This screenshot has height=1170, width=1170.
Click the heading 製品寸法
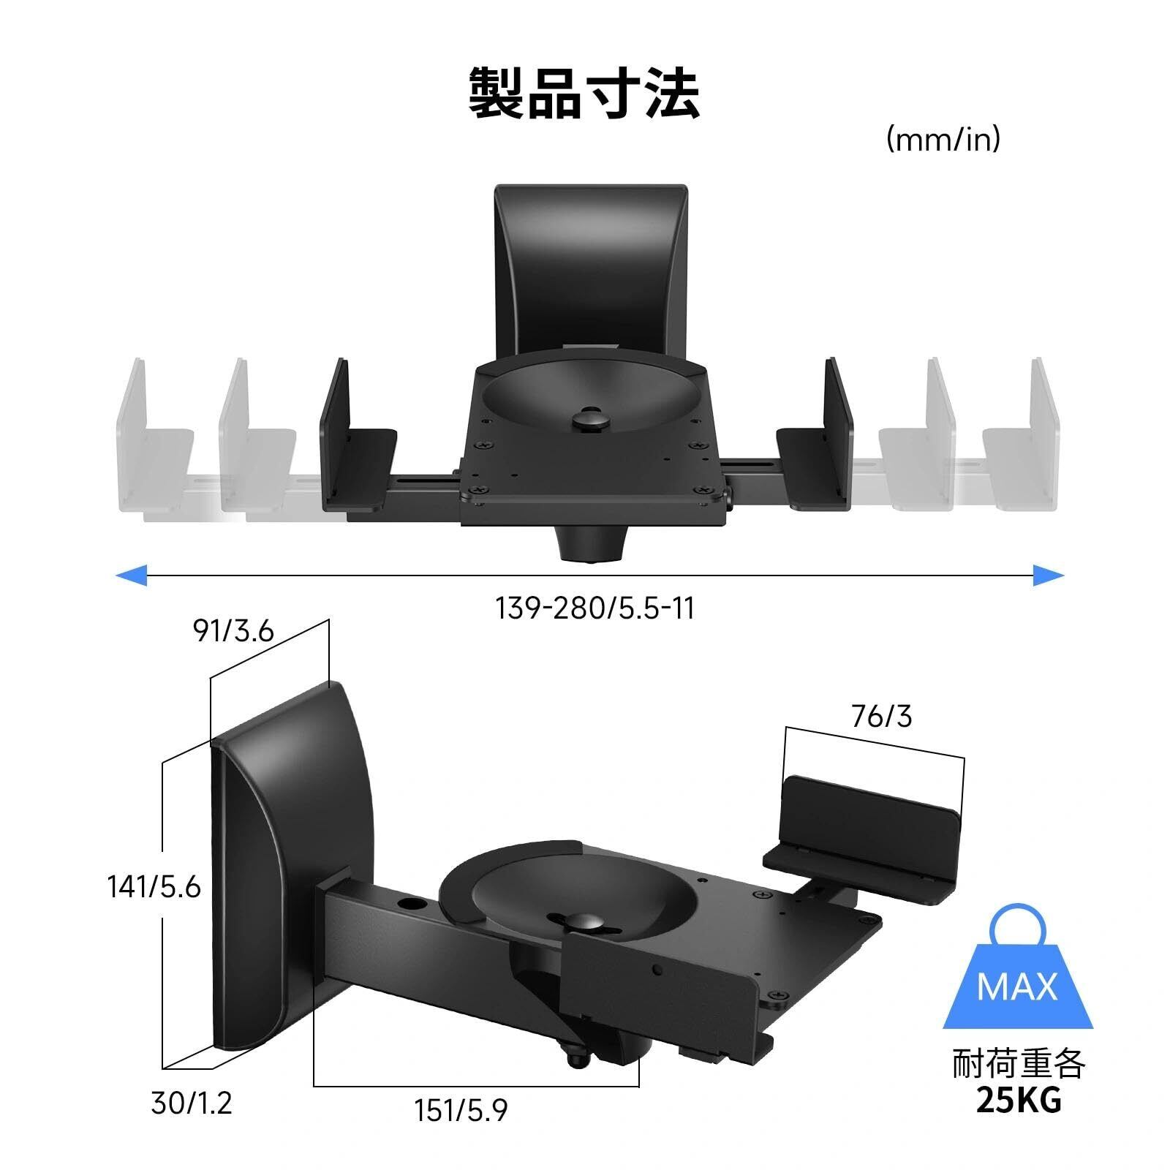(584, 94)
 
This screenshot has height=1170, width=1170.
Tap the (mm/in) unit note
(943, 139)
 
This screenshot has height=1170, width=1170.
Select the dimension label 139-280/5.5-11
(595, 608)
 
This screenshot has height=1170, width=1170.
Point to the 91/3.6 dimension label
(233, 630)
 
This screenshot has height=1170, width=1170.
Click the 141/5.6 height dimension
(154, 887)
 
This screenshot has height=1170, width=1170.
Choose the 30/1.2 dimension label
(192, 1103)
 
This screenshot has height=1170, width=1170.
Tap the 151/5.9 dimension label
(461, 1111)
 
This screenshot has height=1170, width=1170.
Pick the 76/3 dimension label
(881, 717)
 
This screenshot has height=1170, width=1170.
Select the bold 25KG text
(1018, 1101)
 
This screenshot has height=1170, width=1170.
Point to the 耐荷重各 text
(1018, 1064)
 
